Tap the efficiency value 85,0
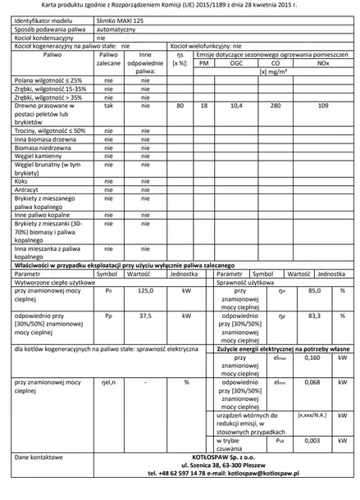[x=313, y=290]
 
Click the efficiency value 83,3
[x=313, y=315]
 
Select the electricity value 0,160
[x=312, y=357]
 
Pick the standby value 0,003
[x=312, y=440]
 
